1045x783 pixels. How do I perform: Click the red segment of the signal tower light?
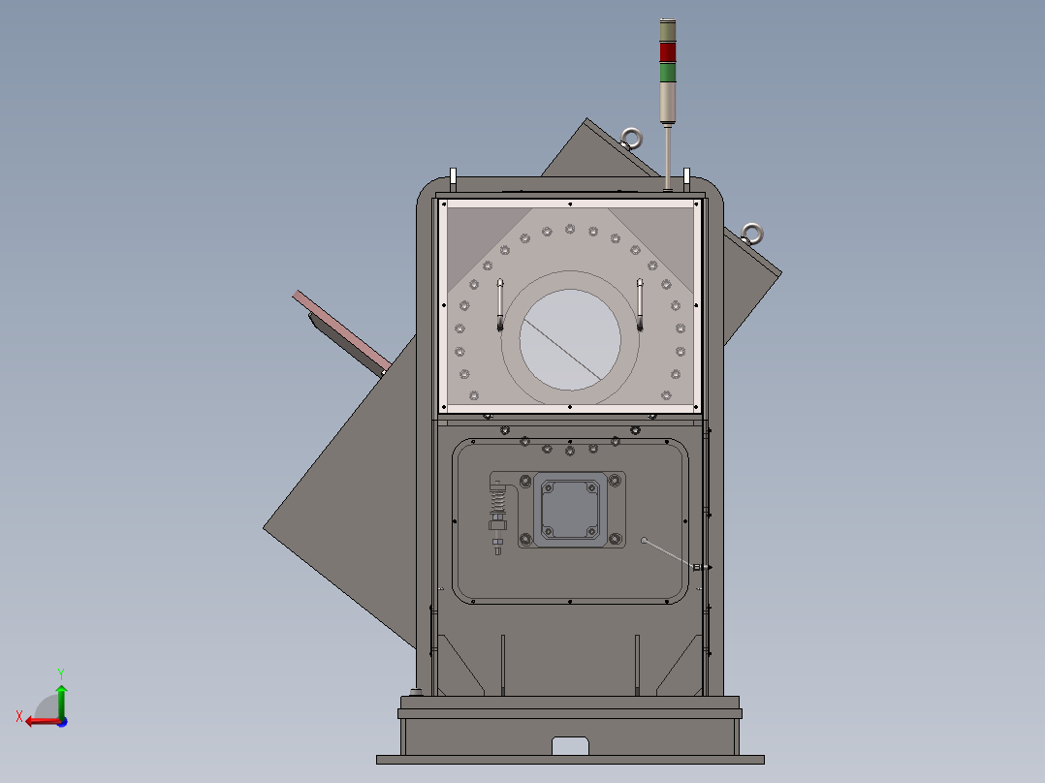coord(668,51)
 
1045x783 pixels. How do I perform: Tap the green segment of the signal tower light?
coord(668,72)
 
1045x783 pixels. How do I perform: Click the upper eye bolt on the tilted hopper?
coord(632,140)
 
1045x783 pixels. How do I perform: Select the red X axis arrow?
coord(39,720)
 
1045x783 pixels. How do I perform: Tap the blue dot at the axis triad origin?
coord(61,721)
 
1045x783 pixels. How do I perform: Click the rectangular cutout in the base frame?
coord(571,745)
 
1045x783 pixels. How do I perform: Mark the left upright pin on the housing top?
coord(453,177)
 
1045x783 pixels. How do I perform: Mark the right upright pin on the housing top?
coord(686,176)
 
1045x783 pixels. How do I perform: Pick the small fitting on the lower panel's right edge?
coord(696,566)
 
